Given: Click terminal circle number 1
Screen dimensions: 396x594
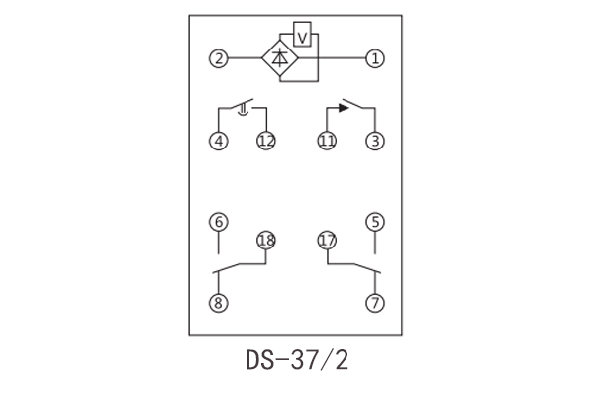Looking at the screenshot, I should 374,58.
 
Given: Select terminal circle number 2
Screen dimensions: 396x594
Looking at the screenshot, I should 218,58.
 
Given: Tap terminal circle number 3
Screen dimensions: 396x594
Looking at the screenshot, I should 374,141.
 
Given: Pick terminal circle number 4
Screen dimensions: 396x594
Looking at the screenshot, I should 218,141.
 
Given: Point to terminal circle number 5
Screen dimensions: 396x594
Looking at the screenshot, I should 374,221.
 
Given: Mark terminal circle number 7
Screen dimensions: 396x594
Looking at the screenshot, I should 374,303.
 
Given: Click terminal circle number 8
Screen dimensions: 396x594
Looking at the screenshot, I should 218,303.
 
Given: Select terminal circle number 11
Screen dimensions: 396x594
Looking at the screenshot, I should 327,141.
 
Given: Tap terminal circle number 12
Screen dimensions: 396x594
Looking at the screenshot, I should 265,141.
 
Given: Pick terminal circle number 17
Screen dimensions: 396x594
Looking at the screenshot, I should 327,240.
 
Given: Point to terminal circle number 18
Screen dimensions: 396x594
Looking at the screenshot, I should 265,240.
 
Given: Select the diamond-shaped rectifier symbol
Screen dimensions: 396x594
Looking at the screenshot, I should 281,58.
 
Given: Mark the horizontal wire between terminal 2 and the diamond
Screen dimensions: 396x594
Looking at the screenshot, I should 245,58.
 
